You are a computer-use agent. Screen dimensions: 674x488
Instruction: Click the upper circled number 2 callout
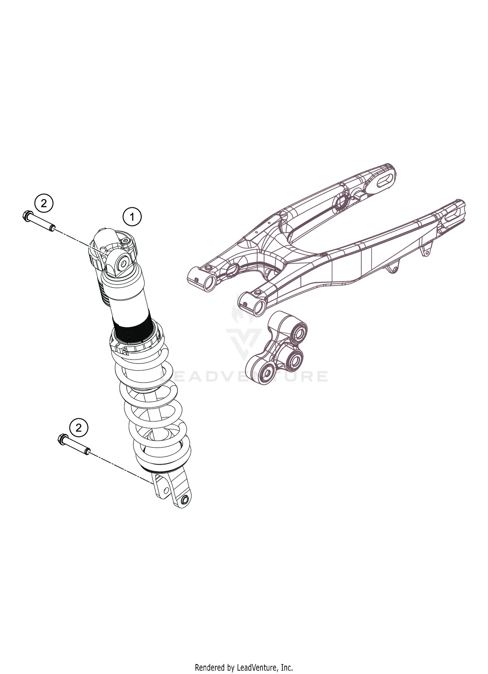pos(43,204)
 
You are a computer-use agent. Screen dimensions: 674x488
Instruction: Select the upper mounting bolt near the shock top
pos(39,222)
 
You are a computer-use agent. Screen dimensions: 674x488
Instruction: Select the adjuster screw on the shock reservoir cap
pos(127,241)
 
